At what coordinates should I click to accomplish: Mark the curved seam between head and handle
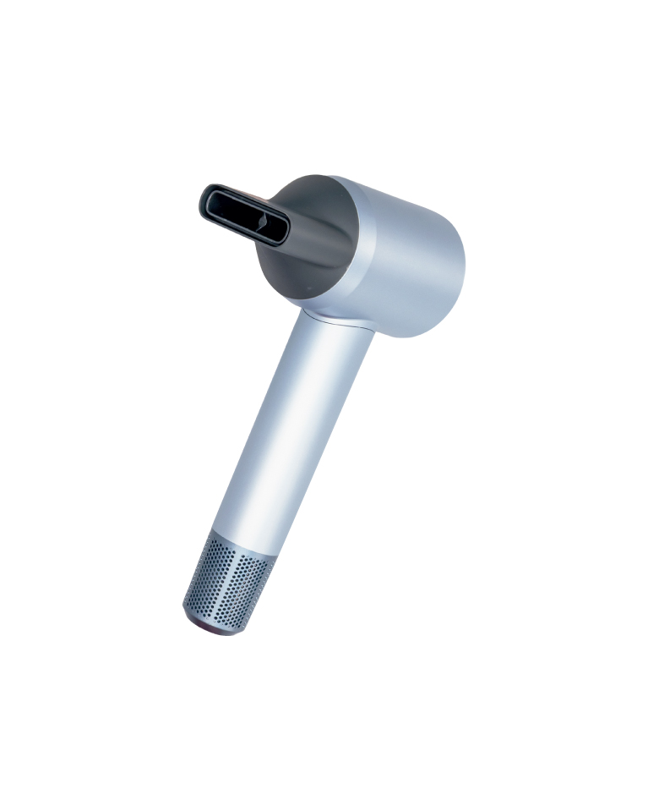click(338, 320)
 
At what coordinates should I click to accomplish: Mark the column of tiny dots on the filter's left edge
click(192, 584)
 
